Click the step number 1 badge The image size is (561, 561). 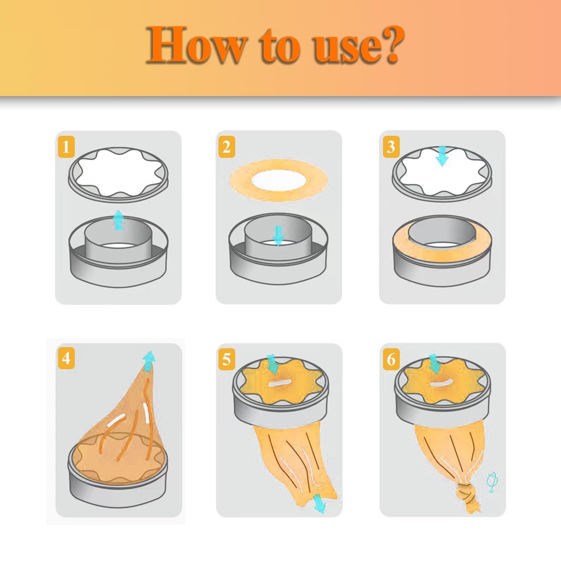66,147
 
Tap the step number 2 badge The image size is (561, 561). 227,147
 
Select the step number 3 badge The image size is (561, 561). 391,147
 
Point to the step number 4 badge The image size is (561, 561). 66,358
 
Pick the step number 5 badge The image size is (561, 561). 227,359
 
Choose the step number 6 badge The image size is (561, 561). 391,359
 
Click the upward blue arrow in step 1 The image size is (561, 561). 118,220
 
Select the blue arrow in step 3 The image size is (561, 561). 442,156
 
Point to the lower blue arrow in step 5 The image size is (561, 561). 319,503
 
